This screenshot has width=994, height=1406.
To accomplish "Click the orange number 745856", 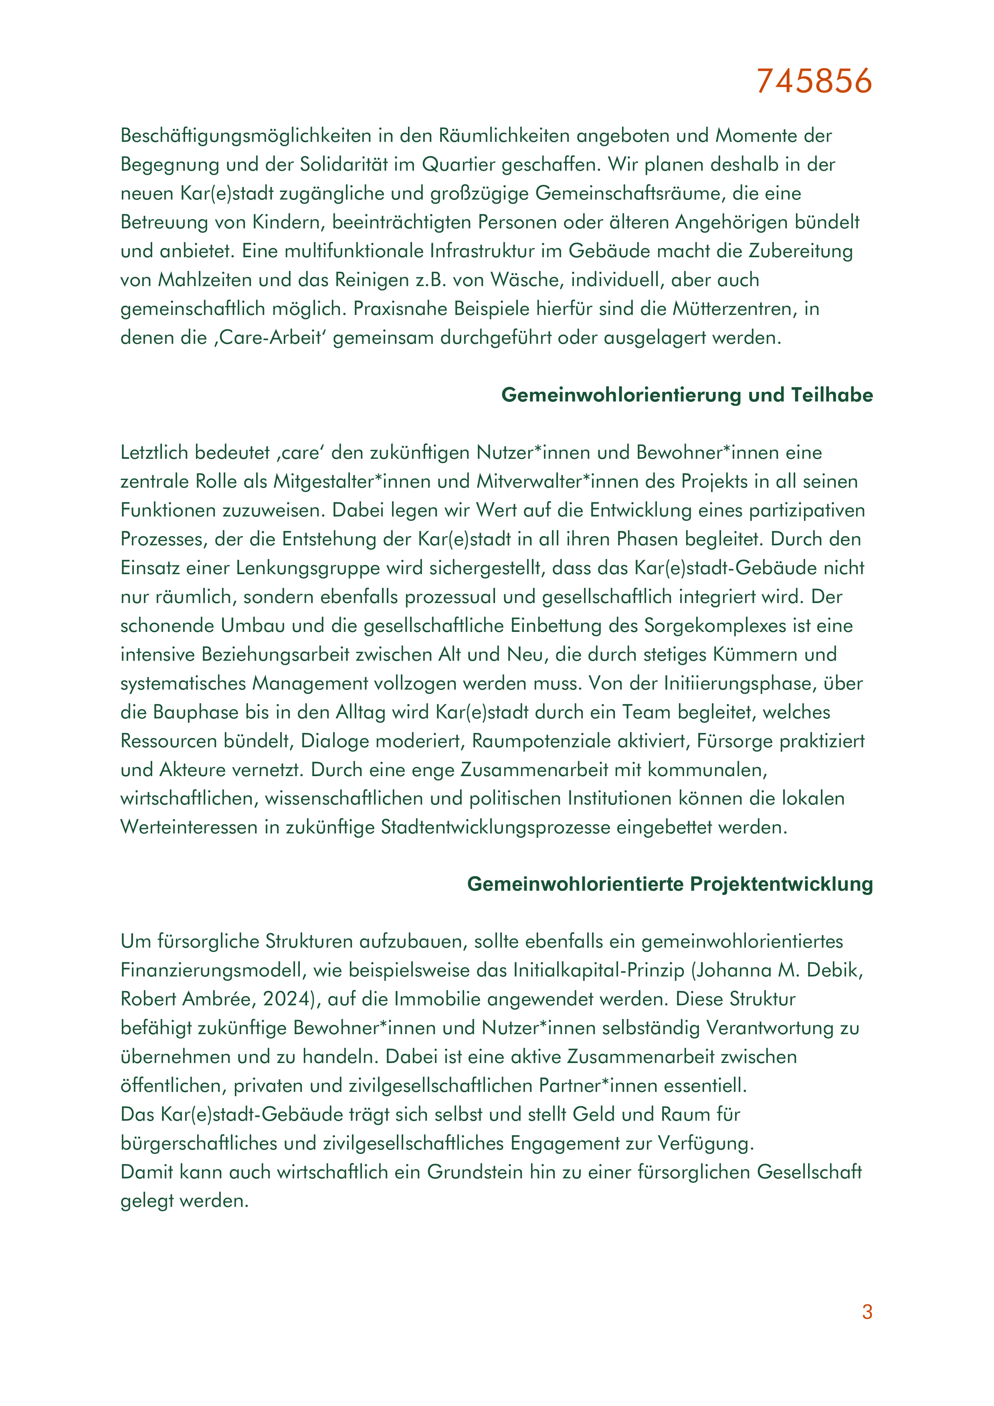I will [814, 81].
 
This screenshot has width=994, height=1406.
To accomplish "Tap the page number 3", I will [867, 1312].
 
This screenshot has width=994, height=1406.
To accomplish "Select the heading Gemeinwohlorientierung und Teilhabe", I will [687, 395].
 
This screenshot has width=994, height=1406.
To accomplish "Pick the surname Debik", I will [832, 970].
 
